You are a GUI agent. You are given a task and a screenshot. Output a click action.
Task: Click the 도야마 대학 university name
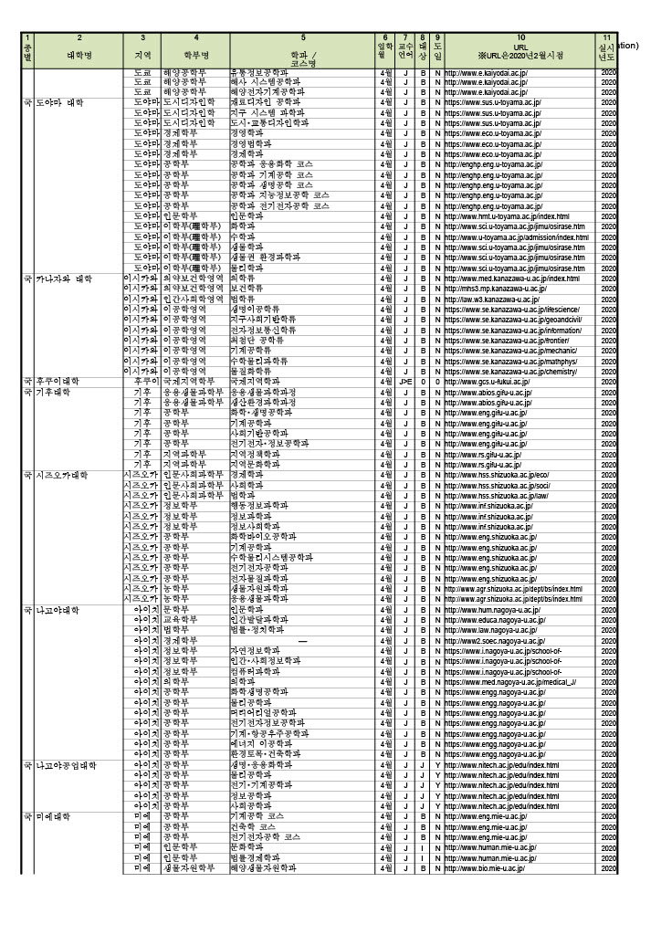pos(60,103)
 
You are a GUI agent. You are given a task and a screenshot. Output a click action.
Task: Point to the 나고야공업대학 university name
pos(66,764)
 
